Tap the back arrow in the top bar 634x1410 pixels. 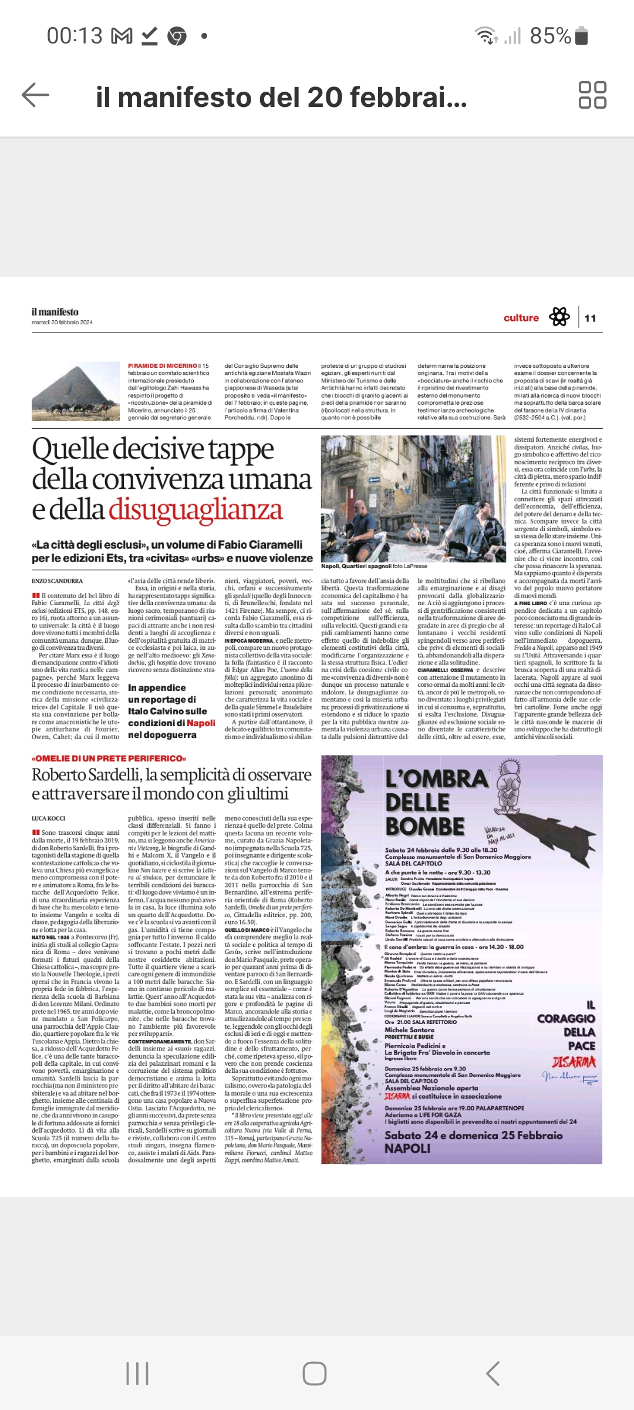pyautogui.click(x=35, y=95)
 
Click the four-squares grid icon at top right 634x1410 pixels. pyautogui.click(x=592, y=95)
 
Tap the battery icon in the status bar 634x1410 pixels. pyautogui.click(x=581, y=36)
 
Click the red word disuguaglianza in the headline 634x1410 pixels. pyautogui.click(x=195, y=509)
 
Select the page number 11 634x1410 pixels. pyautogui.click(x=590, y=318)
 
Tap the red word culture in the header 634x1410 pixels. pyautogui.click(x=521, y=318)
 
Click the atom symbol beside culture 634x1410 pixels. pyautogui.click(x=559, y=317)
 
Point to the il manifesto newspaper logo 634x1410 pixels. pyautogui.click(x=55, y=312)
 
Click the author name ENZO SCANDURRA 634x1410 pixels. pyautogui.click(x=58, y=581)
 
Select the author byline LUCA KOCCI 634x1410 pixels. pyautogui.click(x=49, y=818)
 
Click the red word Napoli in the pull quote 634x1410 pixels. pyautogui.click(x=201, y=723)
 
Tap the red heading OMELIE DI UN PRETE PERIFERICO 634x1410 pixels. pyautogui.click(x=109, y=758)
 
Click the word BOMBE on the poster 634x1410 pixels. pyautogui.click(x=425, y=826)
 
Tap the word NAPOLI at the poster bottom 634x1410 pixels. pyautogui.click(x=407, y=1149)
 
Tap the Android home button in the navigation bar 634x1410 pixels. pyautogui.click(x=315, y=1374)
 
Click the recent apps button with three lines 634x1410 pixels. pyautogui.click(x=137, y=1374)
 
